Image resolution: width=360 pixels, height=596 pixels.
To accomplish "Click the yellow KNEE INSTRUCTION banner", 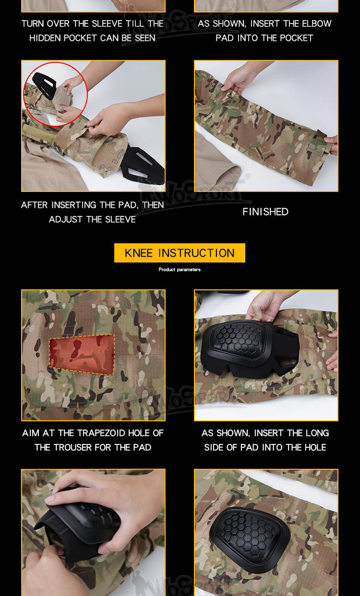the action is click(x=180, y=253).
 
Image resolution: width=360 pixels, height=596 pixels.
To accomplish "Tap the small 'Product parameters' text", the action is click(x=180, y=270).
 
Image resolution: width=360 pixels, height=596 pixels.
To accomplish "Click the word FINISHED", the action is click(x=265, y=212).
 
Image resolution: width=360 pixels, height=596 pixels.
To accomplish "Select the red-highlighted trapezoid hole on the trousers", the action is click(x=82, y=354).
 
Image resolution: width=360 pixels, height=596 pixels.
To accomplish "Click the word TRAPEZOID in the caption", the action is click(x=102, y=433).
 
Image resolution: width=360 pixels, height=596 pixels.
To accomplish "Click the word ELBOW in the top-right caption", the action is click(x=317, y=24).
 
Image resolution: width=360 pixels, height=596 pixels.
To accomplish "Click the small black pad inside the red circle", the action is click(x=44, y=84).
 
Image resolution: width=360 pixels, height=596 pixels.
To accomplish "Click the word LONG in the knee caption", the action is click(x=317, y=433).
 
